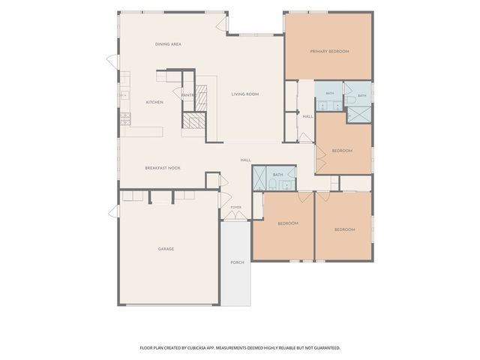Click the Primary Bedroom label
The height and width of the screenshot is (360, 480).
(x=329, y=52)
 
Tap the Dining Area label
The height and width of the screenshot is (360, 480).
(x=168, y=44)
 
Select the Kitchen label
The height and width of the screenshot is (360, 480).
(x=154, y=102)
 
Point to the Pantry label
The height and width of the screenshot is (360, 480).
(x=188, y=95)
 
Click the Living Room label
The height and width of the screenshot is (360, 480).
(x=245, y=94)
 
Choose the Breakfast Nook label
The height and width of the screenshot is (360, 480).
(x=163, y=168)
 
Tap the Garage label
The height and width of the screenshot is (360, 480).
(x=166, y=249)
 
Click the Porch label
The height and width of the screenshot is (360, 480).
(x=237, y=262)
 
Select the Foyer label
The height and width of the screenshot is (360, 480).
(x=235, y=208)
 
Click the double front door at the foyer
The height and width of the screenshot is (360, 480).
(x=235, y=216)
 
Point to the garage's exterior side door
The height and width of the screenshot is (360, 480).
(x=114, y=211)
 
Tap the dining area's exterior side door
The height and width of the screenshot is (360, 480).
(x=112, y=61)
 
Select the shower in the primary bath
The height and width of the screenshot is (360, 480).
(x=358, y=115)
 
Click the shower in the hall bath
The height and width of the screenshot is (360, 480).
(x=259, y=178)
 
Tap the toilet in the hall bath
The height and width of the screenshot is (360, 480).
(x=272, y=184)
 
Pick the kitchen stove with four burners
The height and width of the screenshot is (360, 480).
(x=125, y=118)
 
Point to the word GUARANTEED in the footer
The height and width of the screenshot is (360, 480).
(x=328, y=348)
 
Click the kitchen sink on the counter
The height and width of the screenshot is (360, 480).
(x=124, y=95)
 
